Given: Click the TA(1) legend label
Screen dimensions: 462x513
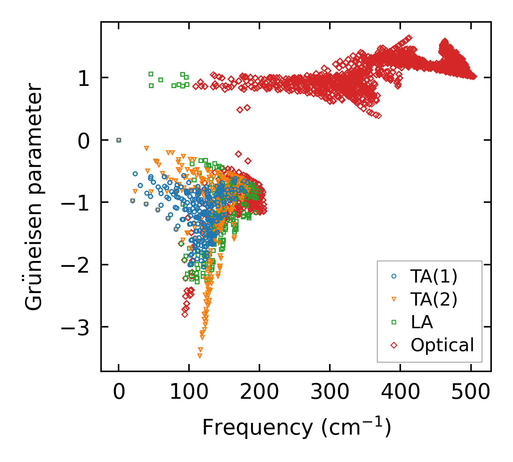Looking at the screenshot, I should [433, 277].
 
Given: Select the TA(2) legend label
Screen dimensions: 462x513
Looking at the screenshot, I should [433, 299].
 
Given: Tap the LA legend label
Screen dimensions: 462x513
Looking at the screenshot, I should [421, 322].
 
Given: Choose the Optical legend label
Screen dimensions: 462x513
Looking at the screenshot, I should [442, 345].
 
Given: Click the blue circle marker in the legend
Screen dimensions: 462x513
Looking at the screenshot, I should [394, 276].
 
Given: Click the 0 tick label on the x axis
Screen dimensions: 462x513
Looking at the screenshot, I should [119, 392].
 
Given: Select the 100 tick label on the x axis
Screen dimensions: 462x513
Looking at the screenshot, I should [189, 392].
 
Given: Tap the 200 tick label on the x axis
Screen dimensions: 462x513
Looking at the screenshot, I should [259, 392].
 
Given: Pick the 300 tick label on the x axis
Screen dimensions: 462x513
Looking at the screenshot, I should [329, 392].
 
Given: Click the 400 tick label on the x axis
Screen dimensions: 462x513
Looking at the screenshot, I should [400, 392].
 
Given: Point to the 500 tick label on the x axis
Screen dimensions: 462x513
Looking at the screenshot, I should [471, 392].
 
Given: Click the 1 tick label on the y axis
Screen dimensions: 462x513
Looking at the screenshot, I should [84, 78].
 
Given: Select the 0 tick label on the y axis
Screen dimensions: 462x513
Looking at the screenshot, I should [84, 140].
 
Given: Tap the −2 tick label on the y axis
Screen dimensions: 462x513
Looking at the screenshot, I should [75, 265].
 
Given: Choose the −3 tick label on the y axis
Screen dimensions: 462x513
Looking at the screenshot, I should [75, 327].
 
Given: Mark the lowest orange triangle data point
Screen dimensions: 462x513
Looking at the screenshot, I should [200, 356].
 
